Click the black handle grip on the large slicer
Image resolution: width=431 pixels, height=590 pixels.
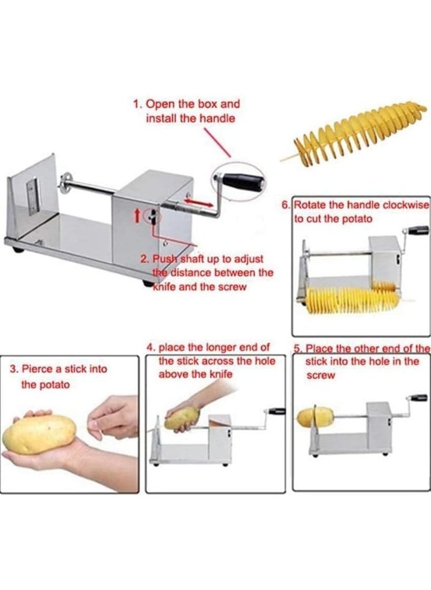(242, 181)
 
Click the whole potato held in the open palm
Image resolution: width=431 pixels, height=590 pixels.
(39, 434)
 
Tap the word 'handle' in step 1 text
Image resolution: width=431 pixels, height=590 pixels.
(218, 118)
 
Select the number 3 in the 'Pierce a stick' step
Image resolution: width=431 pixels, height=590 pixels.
(13, 369)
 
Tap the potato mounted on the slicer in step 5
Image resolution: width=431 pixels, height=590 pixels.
(315, 416)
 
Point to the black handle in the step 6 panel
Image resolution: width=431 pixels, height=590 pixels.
(418, 230)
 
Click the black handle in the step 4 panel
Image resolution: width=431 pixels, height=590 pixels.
(277, 411)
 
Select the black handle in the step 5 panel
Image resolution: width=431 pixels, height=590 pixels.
(418, 398)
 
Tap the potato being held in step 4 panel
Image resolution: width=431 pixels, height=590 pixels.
(182, 418)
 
